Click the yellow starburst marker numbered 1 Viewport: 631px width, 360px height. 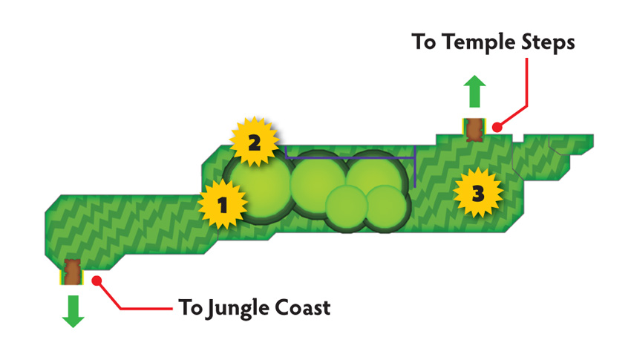[223, 204]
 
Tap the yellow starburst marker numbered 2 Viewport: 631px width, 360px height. [254, 142]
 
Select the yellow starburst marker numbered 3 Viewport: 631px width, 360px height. [477, 193]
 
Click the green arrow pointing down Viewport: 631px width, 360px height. [73, 311]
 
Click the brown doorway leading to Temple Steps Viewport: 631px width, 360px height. [474, 129]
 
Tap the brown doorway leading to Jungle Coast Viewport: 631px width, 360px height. [73, 272]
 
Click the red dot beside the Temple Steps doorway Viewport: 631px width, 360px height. [497, 127]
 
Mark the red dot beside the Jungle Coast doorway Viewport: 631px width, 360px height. [97, 281]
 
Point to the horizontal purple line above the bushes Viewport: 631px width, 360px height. [350, 157]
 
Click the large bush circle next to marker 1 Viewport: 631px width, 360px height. [259, 188]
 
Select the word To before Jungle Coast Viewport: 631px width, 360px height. [191, 308]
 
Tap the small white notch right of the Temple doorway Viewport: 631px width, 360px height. [518, 138]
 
